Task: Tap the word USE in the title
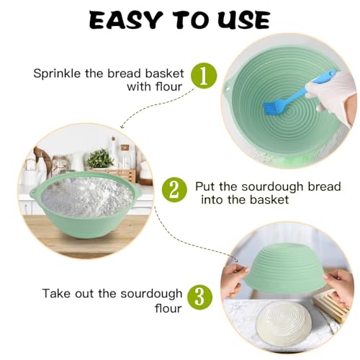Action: point(241,19)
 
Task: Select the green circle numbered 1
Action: point(203,76)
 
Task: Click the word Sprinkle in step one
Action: point(56,73)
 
